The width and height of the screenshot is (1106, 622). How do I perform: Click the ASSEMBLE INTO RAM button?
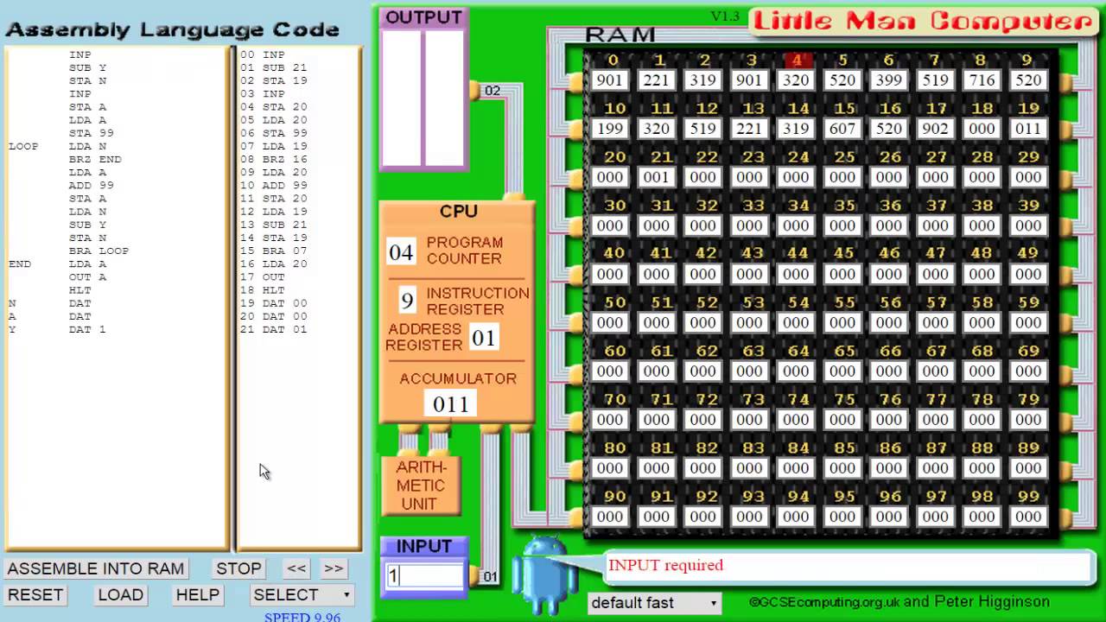tap(95, 568)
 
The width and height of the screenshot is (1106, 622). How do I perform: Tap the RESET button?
tap(35, 594)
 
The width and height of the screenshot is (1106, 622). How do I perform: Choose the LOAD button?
tap(120, 594)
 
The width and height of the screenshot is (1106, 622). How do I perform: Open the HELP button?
tap(197, 594)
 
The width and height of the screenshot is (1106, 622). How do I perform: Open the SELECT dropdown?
tap(302, 594)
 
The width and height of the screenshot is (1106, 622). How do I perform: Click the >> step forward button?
tap(334, 568)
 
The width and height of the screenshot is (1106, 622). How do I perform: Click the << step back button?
tap(296, 568)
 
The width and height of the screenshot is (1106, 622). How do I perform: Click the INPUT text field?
tap(424, 576)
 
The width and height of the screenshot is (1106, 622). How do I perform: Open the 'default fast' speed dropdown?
tap(654, 602)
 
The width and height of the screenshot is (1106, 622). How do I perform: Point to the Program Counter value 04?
tap(401, 252)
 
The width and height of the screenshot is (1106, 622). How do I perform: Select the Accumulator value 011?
tap(450, 404)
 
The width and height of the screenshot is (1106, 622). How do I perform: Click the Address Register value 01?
tap(484, 338)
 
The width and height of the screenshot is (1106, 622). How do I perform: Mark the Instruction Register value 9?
tap(407, 301)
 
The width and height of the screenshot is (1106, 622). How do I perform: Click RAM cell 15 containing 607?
tap(842, 129)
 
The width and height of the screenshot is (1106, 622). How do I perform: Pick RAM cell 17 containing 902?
tap(935, 129)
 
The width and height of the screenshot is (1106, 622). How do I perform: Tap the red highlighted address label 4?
tap(797, 60)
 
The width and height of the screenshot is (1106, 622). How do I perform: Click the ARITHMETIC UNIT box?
tap(421, 486)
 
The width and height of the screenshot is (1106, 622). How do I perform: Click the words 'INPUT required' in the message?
tap(665, 565)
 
